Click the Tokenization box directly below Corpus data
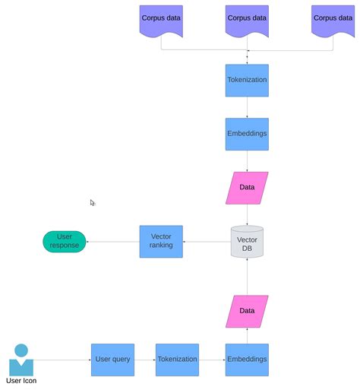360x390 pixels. coord(247,80)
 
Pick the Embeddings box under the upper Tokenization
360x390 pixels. coord(247,133)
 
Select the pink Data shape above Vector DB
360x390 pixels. coord(247,188)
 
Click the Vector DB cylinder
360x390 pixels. coord(247,241)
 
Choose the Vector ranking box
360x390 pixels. coord(161,241)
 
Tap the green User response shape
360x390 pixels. coord(65,241)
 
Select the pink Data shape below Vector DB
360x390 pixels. coord(247,311)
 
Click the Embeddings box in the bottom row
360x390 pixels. coord(247,360)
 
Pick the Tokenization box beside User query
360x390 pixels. coord(177,360)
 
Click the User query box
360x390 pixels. coord(113,360)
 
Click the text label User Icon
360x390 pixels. coord(21,381)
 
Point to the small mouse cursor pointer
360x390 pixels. coord(93,203)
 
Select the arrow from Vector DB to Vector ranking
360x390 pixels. coord(207,242)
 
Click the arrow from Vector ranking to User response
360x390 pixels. coord(113,242)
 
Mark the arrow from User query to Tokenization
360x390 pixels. coord(145,360)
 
